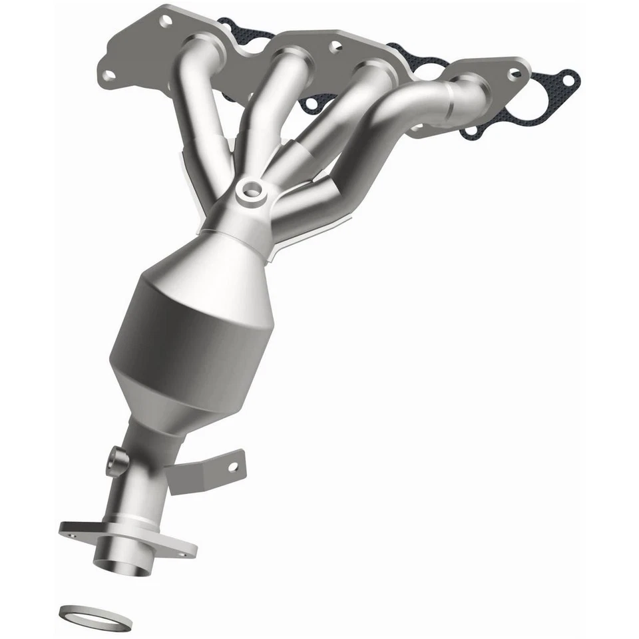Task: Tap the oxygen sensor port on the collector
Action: pyautogui.click(x=252, y=190)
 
